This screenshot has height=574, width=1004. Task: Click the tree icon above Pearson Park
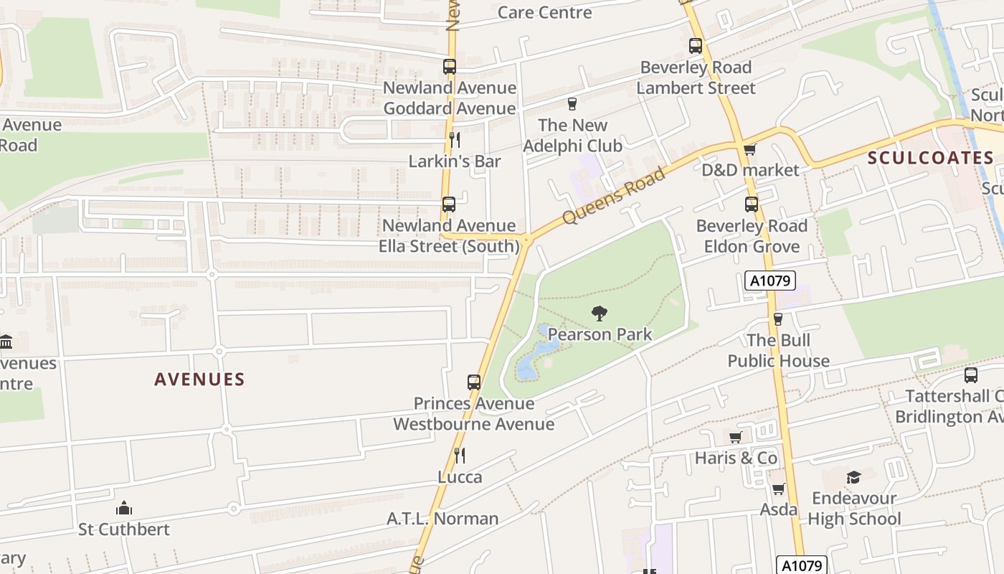(x=599, y=313)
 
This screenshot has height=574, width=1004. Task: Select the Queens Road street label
(x=615, y=196)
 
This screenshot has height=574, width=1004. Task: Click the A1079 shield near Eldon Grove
(x=770, y=281)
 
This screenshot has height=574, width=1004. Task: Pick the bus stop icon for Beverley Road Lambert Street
(x=695, y=46)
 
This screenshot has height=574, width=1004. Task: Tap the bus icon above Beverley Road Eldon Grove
(x=751, y=204)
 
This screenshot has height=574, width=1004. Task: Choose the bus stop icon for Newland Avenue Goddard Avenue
(x=449, y=67)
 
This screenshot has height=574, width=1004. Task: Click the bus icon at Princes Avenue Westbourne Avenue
(x=473, y=382)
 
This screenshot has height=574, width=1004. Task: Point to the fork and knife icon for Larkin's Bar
(x=454, y=139)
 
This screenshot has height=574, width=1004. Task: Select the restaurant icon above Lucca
(x=460, y=455)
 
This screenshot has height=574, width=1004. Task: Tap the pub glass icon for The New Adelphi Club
(x=572, y=104)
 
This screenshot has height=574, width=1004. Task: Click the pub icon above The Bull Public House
(x=777, y=319)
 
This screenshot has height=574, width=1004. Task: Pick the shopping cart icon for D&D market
(x=749, y=149)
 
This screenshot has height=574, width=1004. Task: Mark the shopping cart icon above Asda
(x=778, y=489)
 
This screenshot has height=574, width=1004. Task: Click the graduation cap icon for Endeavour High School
(x=853, y=477)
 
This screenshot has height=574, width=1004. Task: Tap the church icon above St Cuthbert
(x=124, y=508)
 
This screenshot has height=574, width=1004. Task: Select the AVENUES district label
(x=199, y=380)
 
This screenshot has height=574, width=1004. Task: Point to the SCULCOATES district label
(x=930, y=159)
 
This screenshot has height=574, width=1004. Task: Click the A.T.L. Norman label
(x=442, y=518)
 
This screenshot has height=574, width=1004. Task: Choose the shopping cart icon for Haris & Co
(x=735, y=437)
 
